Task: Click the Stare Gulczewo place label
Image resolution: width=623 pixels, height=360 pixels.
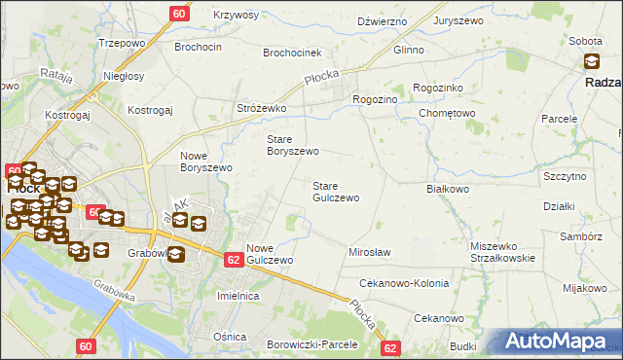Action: [336, 192]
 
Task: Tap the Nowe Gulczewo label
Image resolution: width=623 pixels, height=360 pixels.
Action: [270, 254]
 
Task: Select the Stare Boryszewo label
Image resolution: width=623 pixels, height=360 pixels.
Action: [293, 145]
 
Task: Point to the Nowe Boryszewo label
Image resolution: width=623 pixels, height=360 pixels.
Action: [206, 162]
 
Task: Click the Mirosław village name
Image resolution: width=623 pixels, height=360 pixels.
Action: [369, 252]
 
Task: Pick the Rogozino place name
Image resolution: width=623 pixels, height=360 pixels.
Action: [375, 99]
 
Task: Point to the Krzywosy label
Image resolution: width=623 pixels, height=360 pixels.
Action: [236, 16]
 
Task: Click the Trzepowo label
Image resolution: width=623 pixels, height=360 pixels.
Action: [122, 44]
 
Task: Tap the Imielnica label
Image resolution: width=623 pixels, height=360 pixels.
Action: [238, 295]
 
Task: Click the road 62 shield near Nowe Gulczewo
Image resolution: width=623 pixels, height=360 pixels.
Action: [233, 260]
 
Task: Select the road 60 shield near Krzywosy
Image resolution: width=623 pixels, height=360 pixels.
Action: [179, 14]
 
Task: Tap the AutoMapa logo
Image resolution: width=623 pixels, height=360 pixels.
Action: [559, 342]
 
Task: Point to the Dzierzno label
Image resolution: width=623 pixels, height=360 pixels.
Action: [382, 20]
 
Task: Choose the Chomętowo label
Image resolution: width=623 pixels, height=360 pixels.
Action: [447, 113]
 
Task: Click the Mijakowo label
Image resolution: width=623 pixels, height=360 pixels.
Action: [585, 288]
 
